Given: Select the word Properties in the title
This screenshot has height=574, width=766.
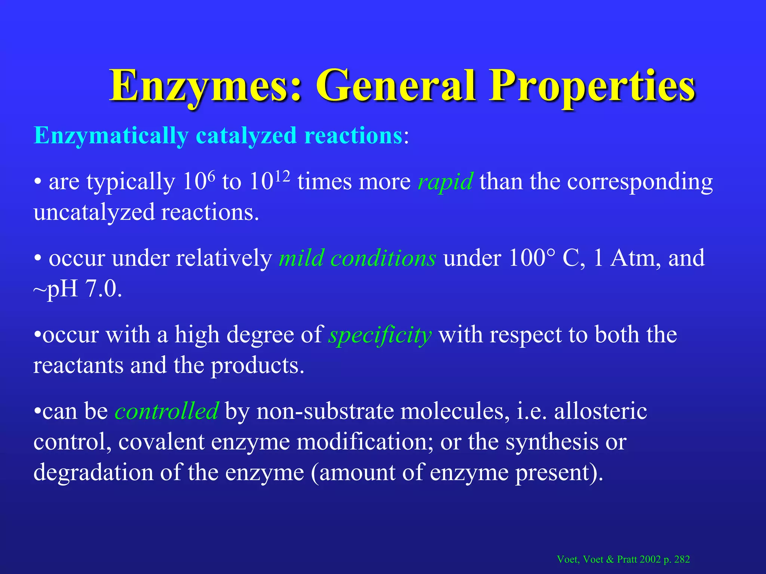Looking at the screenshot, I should coord(592,87).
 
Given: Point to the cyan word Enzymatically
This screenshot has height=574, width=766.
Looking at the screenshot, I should coord(111,135).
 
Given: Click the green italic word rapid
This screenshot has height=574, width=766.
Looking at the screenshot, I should coord(445,182).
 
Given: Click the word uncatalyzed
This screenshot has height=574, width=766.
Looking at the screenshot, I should coord(94,213).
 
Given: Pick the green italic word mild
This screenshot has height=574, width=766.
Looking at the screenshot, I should coord(301,258).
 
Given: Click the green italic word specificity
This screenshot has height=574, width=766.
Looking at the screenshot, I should coord(380,335).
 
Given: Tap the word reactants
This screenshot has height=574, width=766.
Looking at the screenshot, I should coord(78,365).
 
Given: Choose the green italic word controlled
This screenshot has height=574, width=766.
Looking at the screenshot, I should coord(166,411).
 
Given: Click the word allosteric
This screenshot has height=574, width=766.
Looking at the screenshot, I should coord(601,411).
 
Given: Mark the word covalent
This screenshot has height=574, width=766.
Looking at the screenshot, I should coord(161,442).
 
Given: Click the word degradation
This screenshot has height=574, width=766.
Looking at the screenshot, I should coord(94,472).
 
